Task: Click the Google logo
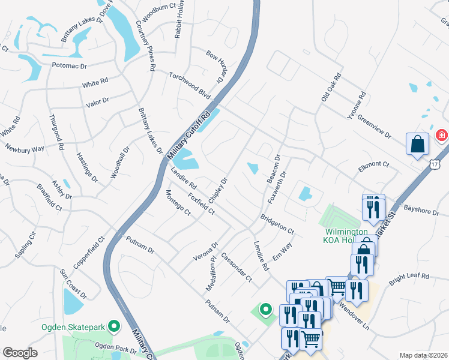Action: tap(20, 352)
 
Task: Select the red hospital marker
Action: tap(442, 135)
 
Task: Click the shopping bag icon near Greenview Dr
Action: tap(417, 145)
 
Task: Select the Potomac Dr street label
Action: tap(69, 65)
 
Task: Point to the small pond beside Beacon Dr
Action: tap(253, 169)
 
